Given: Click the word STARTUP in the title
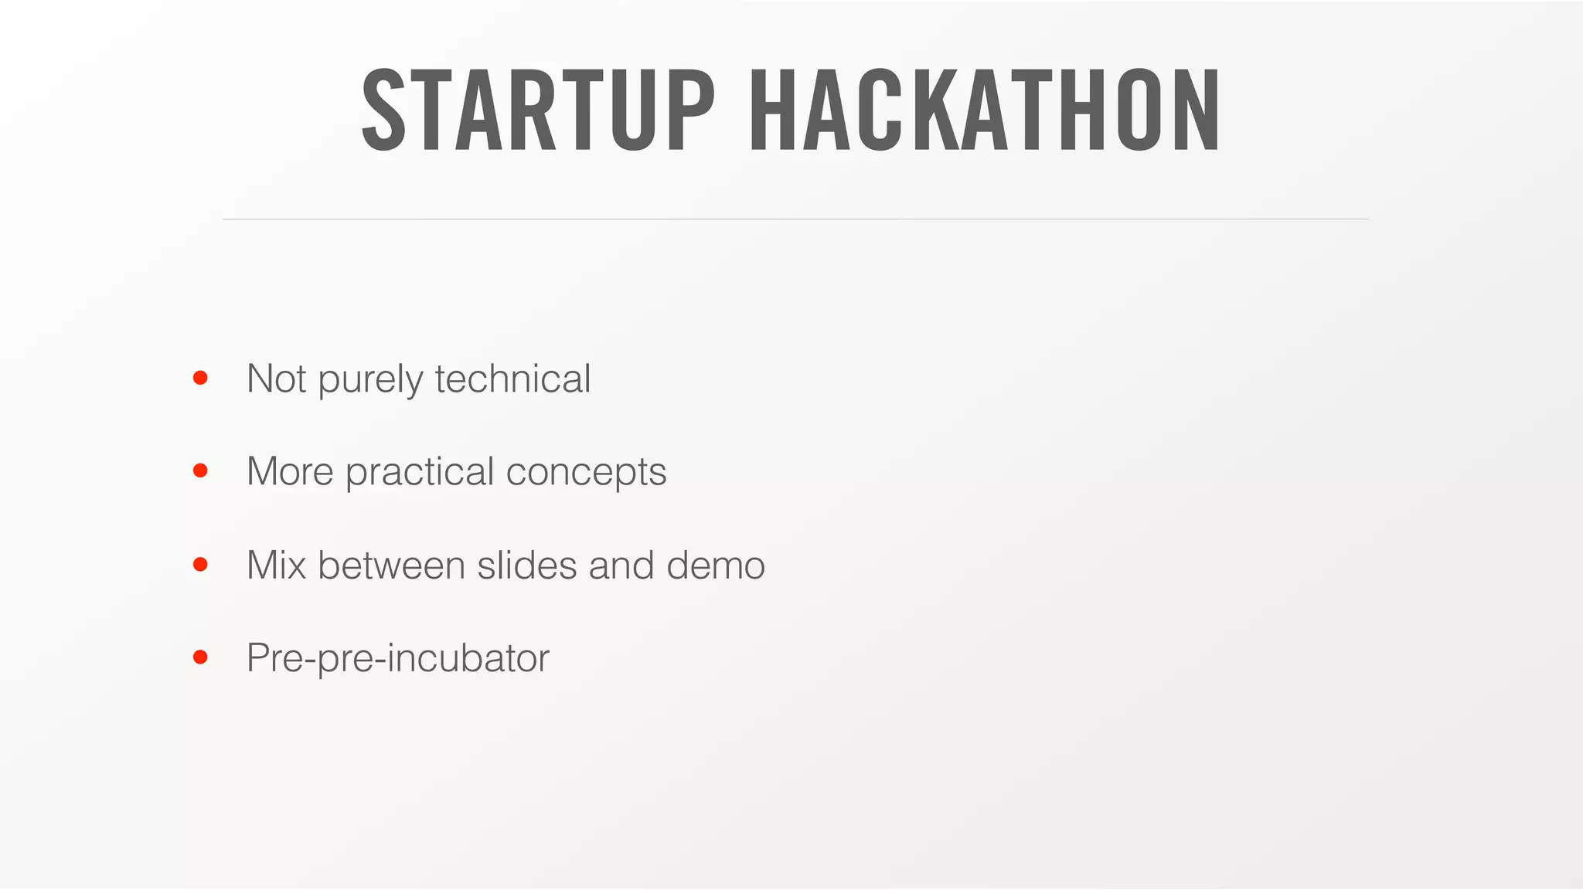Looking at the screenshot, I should coord(539,110).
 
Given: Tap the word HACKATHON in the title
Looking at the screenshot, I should coord(986,110).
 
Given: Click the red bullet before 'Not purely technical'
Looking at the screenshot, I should coord(200,378).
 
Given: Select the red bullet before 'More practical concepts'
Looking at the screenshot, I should coord(200,470).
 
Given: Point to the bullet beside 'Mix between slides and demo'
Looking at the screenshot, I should coord(200,565).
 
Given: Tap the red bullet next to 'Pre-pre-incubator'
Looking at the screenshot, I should coord(200,657).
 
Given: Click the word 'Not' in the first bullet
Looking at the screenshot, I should coord(276,379).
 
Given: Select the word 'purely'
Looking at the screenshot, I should coord(370,380).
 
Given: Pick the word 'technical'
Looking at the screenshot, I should coord(512,379).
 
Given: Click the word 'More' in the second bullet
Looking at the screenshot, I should coord(290,471).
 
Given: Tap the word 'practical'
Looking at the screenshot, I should coord(420,473).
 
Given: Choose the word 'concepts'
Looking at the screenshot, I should coord(586,473).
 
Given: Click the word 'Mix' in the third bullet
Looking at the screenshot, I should coord(276,565).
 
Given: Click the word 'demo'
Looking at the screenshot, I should coord(716,565).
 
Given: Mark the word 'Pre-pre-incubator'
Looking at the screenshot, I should coord(397,658).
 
